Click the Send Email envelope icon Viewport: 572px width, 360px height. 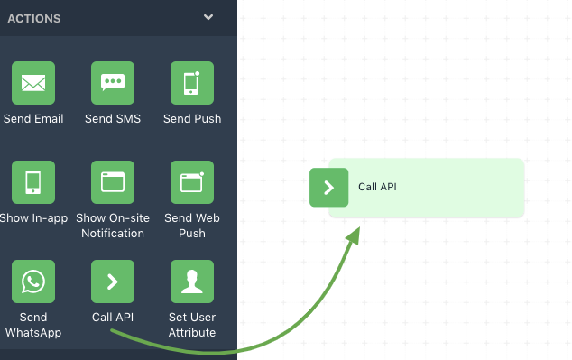pyautogui.click(x=33, y=83)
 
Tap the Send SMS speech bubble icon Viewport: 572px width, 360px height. pyautogui.click(x=113, y=83)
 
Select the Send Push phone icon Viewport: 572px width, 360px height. pyautogui.click(x=192, y=83)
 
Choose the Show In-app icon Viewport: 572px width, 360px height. pyautogui.click(x=33, y=182)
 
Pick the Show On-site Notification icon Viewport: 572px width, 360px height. pyautogui.click(x=113, y=182)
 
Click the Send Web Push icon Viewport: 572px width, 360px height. pyautogui.click(x=192, y=182)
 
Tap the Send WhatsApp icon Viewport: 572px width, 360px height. pyautogui.click(x=33, y=282)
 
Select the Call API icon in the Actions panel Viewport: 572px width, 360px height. pyautogui.click(x=113, y=282)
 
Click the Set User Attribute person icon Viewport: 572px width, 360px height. pyautogui.click(x=192, y=282)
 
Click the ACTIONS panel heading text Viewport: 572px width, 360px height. pyautogui.click(x=34, y=18)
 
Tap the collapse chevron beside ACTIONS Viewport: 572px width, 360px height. pyautogui.click(x=208, y=17)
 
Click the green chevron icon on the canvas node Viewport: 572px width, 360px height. pyautogui.click(x=328, y=188)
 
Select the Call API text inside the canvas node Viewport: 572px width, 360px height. pyautogui.click(x=377, y=188)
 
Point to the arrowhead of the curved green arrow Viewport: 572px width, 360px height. pyautogui.click(x=354, y=234)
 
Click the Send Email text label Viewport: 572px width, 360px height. pyautogui.click(x=33, y=119)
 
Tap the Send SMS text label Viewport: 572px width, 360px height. pyautogui.click(x=113, y=119)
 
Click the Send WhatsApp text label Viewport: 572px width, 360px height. pyautogui.click(x=33, y=325)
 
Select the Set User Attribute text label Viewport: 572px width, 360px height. pyautogui.click(x=192, y=325)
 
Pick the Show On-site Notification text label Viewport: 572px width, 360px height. pyautogui.click(x=113, y=226)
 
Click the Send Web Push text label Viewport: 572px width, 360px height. pyautogui.click(x=192, y=226)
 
